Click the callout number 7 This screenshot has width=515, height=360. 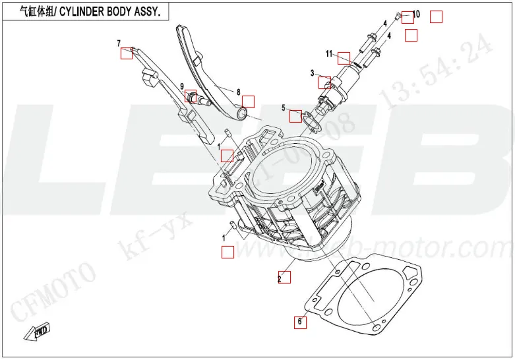click(119, 44)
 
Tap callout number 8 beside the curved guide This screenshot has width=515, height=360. click(238, 92)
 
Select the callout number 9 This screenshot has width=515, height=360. click(181, 86)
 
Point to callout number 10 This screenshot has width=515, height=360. click(416, 14)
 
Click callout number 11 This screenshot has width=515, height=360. click(328, 53)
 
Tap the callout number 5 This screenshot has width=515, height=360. click(284, 107)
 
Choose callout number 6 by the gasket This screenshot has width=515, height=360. click(299, 322)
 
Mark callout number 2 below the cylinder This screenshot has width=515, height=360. click(280, 279)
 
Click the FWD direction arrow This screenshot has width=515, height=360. click(38, 332)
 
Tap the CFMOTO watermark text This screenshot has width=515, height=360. click(53, 291)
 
